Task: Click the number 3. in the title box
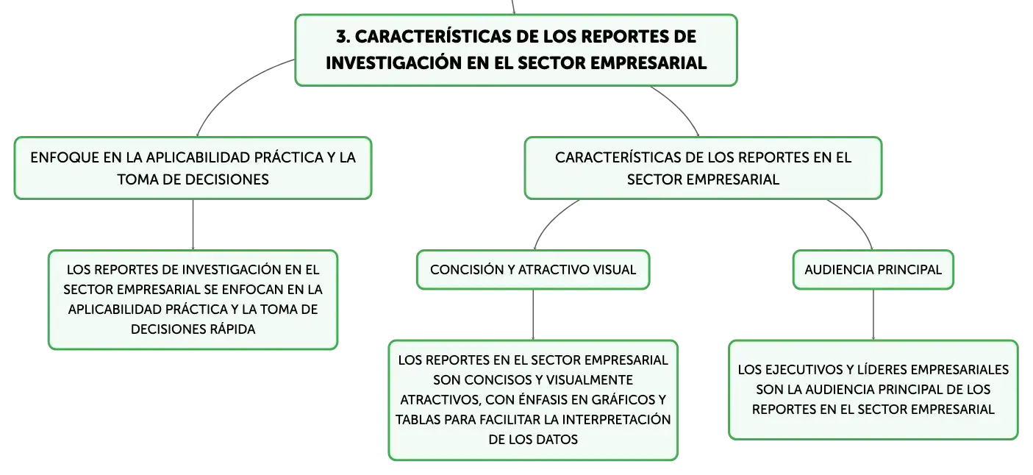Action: (x=343, y=37)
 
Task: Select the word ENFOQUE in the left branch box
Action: (x=65, y=157)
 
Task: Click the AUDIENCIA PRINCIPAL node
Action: (x=873, y=270)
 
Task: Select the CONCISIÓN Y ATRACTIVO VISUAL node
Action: (x=533, y=270)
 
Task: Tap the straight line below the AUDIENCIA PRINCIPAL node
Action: (x=873, y=315)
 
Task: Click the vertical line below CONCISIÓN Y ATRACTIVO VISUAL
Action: (x=533, y=315)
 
